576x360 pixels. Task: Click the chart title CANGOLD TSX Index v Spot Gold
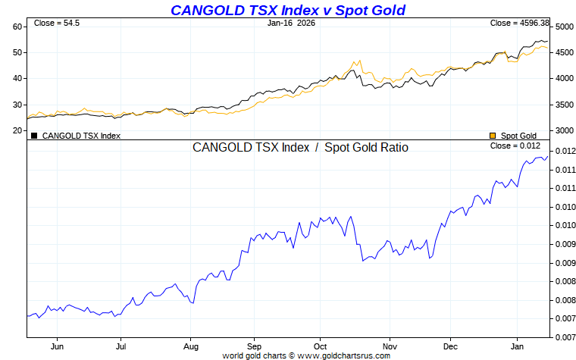tap(288, 10)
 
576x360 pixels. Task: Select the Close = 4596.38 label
tap(519, 23)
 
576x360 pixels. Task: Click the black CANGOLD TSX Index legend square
tap(33, 136)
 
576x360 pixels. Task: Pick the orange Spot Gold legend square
tap(493, 136)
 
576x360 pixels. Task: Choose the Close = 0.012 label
tap(515, 146)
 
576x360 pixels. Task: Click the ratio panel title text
tap(300, 148)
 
